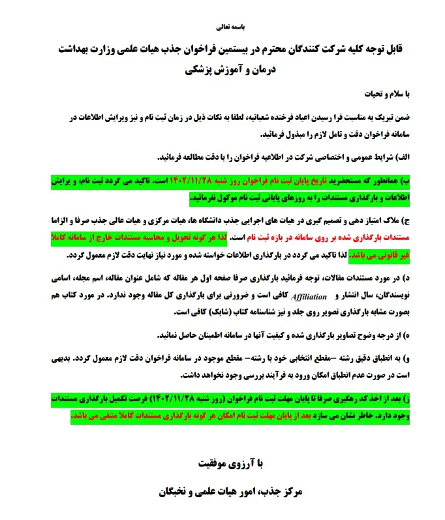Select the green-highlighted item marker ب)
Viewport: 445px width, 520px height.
(x=407, y=179)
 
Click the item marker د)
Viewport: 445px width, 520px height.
(x=408, y=279)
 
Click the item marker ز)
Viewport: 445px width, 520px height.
(x=408, y=398)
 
